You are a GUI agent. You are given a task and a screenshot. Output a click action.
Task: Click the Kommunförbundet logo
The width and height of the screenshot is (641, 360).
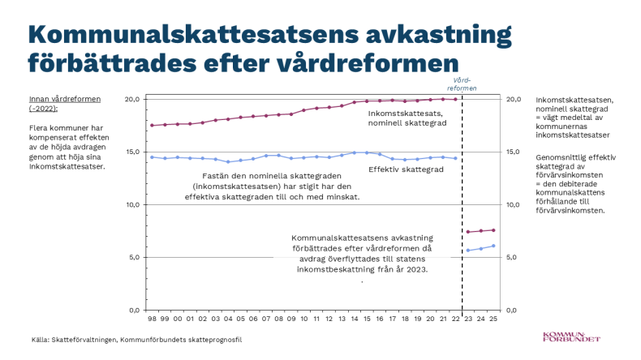[x=571, y=336]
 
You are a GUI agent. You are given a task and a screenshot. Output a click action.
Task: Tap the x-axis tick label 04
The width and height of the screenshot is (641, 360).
[x=228, y=319]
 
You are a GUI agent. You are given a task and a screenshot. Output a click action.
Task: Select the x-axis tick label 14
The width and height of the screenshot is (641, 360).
[x=355, y=319]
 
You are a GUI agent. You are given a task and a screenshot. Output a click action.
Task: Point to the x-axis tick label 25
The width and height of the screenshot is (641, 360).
[x=493, y=319]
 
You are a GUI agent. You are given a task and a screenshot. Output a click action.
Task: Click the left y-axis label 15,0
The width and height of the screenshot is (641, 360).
[x=132, y=152]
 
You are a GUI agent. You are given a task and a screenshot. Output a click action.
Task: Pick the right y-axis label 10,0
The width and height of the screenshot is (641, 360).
[x=514, y=204]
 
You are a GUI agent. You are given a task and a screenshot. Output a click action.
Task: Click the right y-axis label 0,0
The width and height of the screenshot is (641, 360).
[x=511, y=311]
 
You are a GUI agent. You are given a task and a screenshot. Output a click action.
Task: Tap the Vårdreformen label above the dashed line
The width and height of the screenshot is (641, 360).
[x=462, y=84]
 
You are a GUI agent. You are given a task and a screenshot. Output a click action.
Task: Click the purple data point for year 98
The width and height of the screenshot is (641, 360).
[x=152, y=126]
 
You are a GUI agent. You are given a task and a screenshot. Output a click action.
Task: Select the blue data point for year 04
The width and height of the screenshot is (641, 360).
[x=228, y=162]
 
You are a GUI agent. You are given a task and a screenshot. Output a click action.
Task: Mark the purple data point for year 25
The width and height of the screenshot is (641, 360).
[x=493, y=230]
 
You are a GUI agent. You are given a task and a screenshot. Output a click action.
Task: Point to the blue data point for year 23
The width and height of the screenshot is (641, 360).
[x=468, y=250]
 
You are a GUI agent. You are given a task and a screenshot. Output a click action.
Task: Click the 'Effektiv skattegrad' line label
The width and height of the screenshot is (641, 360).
[x=406, y=169]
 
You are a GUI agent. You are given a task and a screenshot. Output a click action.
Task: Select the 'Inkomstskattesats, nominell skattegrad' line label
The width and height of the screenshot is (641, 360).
[x=407, y=118]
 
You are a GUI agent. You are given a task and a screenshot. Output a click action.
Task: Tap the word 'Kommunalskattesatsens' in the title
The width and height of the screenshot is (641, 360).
[x=193, y=34]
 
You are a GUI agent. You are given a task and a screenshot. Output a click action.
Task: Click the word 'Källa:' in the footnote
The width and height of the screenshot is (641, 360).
[x=41, y=340]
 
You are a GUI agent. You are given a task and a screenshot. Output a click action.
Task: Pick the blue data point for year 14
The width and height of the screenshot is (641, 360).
[x=355, y=152]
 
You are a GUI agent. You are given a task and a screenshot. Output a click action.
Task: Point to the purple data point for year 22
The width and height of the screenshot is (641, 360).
[x=455, y=99]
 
